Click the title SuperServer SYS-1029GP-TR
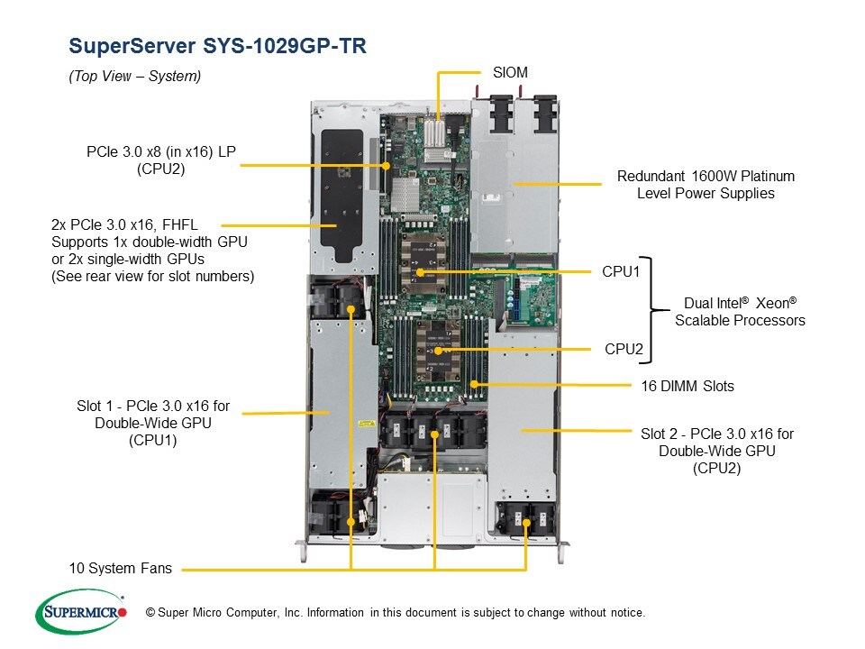(x=217, y=46)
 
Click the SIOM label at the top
(x=510, y=71)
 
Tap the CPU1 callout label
(x=620, y=271)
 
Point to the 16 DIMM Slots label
(x=687, y=386)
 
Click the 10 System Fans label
(x=120, y=569)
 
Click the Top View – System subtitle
(x=135, y=77)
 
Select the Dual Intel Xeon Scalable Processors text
(x=740, y=312)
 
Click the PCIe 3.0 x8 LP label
(x=161, y=160)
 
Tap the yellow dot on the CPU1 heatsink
(x=420, y=271)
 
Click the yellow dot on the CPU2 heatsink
(x=439, y=350)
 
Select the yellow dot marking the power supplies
(x=514, y=184)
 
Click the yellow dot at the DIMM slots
(x=472, y=385)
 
